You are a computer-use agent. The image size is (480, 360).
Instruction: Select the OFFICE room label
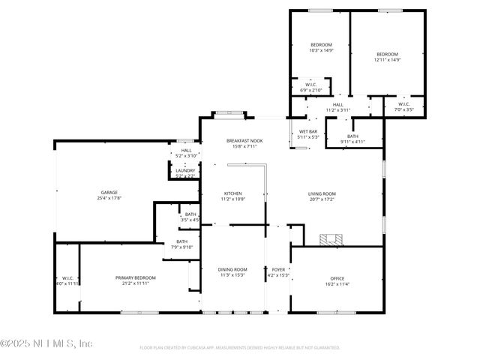(337, 277)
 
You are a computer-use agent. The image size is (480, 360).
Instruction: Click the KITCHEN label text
(233, 193)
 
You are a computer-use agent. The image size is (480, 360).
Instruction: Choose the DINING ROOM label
(232, 269)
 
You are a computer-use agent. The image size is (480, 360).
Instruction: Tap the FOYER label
(278, 269)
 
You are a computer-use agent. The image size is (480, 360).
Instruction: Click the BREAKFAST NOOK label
(244, 140)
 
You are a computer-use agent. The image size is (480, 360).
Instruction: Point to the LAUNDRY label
(185, 170)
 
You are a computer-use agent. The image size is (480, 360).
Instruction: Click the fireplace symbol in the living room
(330, 240)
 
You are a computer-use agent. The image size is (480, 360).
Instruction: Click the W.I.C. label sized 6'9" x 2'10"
(310, 85)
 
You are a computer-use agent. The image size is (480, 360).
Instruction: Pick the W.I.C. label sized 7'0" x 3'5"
(403, 104)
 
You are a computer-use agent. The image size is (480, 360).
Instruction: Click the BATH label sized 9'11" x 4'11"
(352, 136)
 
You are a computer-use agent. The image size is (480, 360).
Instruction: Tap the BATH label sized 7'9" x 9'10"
(182, 241)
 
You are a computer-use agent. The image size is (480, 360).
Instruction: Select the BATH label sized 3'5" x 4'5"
(191, 214)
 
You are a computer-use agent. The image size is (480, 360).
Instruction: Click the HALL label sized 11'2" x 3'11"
(338, 104)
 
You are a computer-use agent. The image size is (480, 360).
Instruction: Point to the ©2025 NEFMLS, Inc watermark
(46, 343)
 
